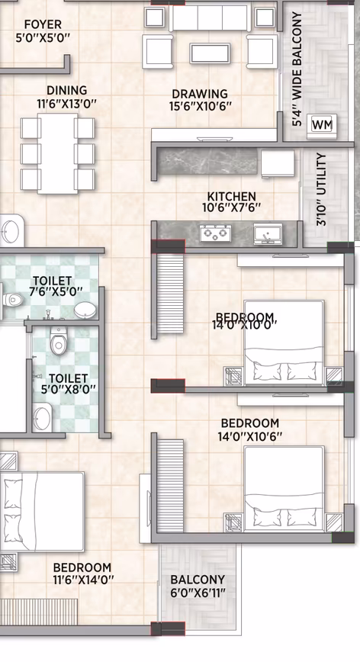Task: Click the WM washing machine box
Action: coord(322,124)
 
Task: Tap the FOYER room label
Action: coord(43,25)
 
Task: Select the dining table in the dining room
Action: coord(57,153)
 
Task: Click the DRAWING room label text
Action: coord(200,94)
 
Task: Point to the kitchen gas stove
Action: coord(216,233)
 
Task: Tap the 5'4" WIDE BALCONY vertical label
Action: coord(297,69)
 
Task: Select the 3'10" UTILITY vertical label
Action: coord(321,189)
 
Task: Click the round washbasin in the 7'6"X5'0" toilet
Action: coord(85,310)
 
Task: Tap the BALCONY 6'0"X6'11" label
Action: coord(198,586)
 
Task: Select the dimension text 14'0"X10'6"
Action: coord(250,436)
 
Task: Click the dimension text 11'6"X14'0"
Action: coord(82,579)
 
